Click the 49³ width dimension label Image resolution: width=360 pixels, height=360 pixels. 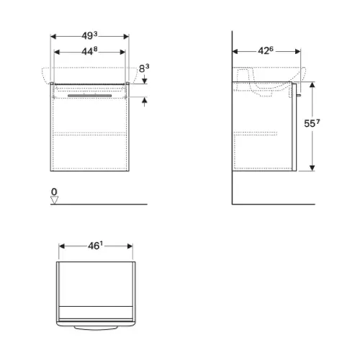pyautogui.click(x=89, y=36)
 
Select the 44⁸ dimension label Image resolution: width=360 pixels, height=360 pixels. pyautogui.click(x=89, y=51)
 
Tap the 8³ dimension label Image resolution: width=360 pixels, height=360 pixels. pyautogui.click(x=144, y=68)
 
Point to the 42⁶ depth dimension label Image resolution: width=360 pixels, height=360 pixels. pyautogui.click(x=266, y=50)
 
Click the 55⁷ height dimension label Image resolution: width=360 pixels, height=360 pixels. pyautogui.click(x=312, y=123)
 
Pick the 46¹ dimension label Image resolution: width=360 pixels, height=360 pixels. pyautogui.click(x=95, y=246)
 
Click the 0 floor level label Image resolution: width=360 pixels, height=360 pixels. pyautogui.click(x=54, y=192)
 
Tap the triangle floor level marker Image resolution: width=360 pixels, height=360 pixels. pyautogui.click(x=55, y=200)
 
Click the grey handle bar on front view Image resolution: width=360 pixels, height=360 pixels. pyautogui.click(x=89, y=96)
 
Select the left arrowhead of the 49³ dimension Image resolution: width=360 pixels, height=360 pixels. pyautogui.click(x=53, y=37)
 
